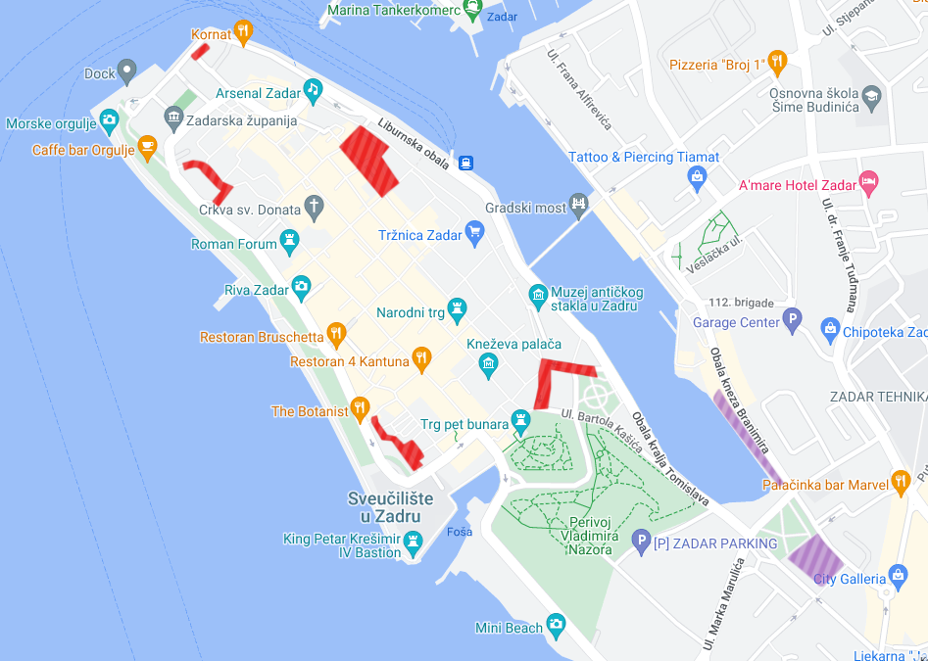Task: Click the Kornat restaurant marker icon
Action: [x=243, y=31]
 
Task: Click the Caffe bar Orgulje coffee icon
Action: [x=147, y=148]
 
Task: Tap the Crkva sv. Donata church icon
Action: [x=313, y=207]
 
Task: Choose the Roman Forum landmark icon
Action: [x=289, y=240]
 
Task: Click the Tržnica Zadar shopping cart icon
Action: [x=475, y=233]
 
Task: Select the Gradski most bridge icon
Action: [x=580, y=205]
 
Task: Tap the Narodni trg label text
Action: [x=410, y=313]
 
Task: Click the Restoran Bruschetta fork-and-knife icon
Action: [x=335, y=334]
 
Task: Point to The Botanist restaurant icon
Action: [x=360, y=408]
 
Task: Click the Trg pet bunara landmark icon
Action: [x=520, y=422]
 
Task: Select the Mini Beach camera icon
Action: [x=556, y=624]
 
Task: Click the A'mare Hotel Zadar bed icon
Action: [x=867, y=182]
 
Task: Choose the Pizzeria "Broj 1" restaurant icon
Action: [x=777, y=63]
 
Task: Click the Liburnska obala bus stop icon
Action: [x=466, y=164]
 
